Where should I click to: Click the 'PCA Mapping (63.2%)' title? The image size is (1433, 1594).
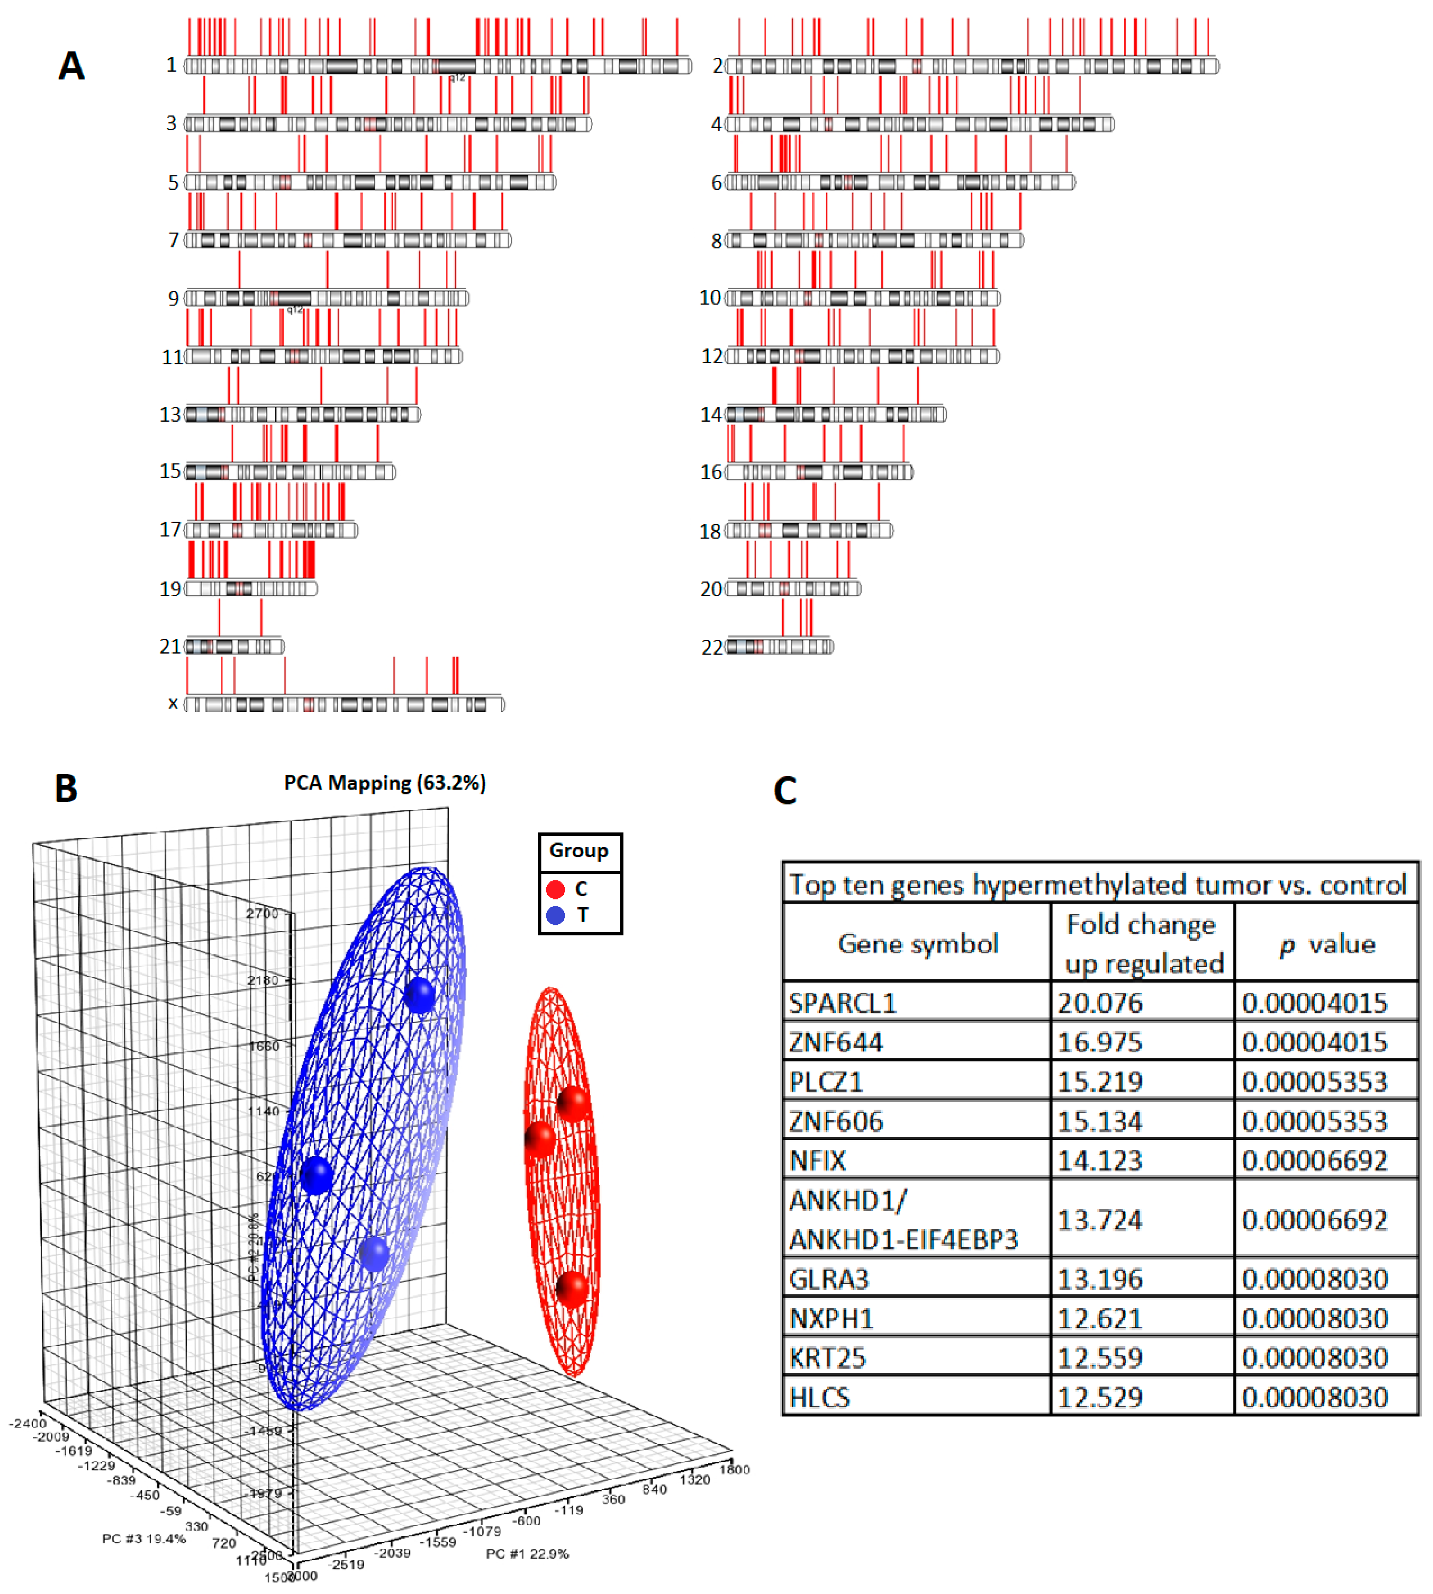(385, 783)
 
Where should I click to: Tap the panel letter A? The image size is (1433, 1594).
(72, 66)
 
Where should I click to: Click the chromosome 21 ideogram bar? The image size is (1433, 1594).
(234, 647)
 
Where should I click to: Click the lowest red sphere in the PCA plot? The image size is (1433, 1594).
(572, 1289)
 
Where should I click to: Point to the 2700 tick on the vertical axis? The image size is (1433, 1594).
(262, 914)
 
